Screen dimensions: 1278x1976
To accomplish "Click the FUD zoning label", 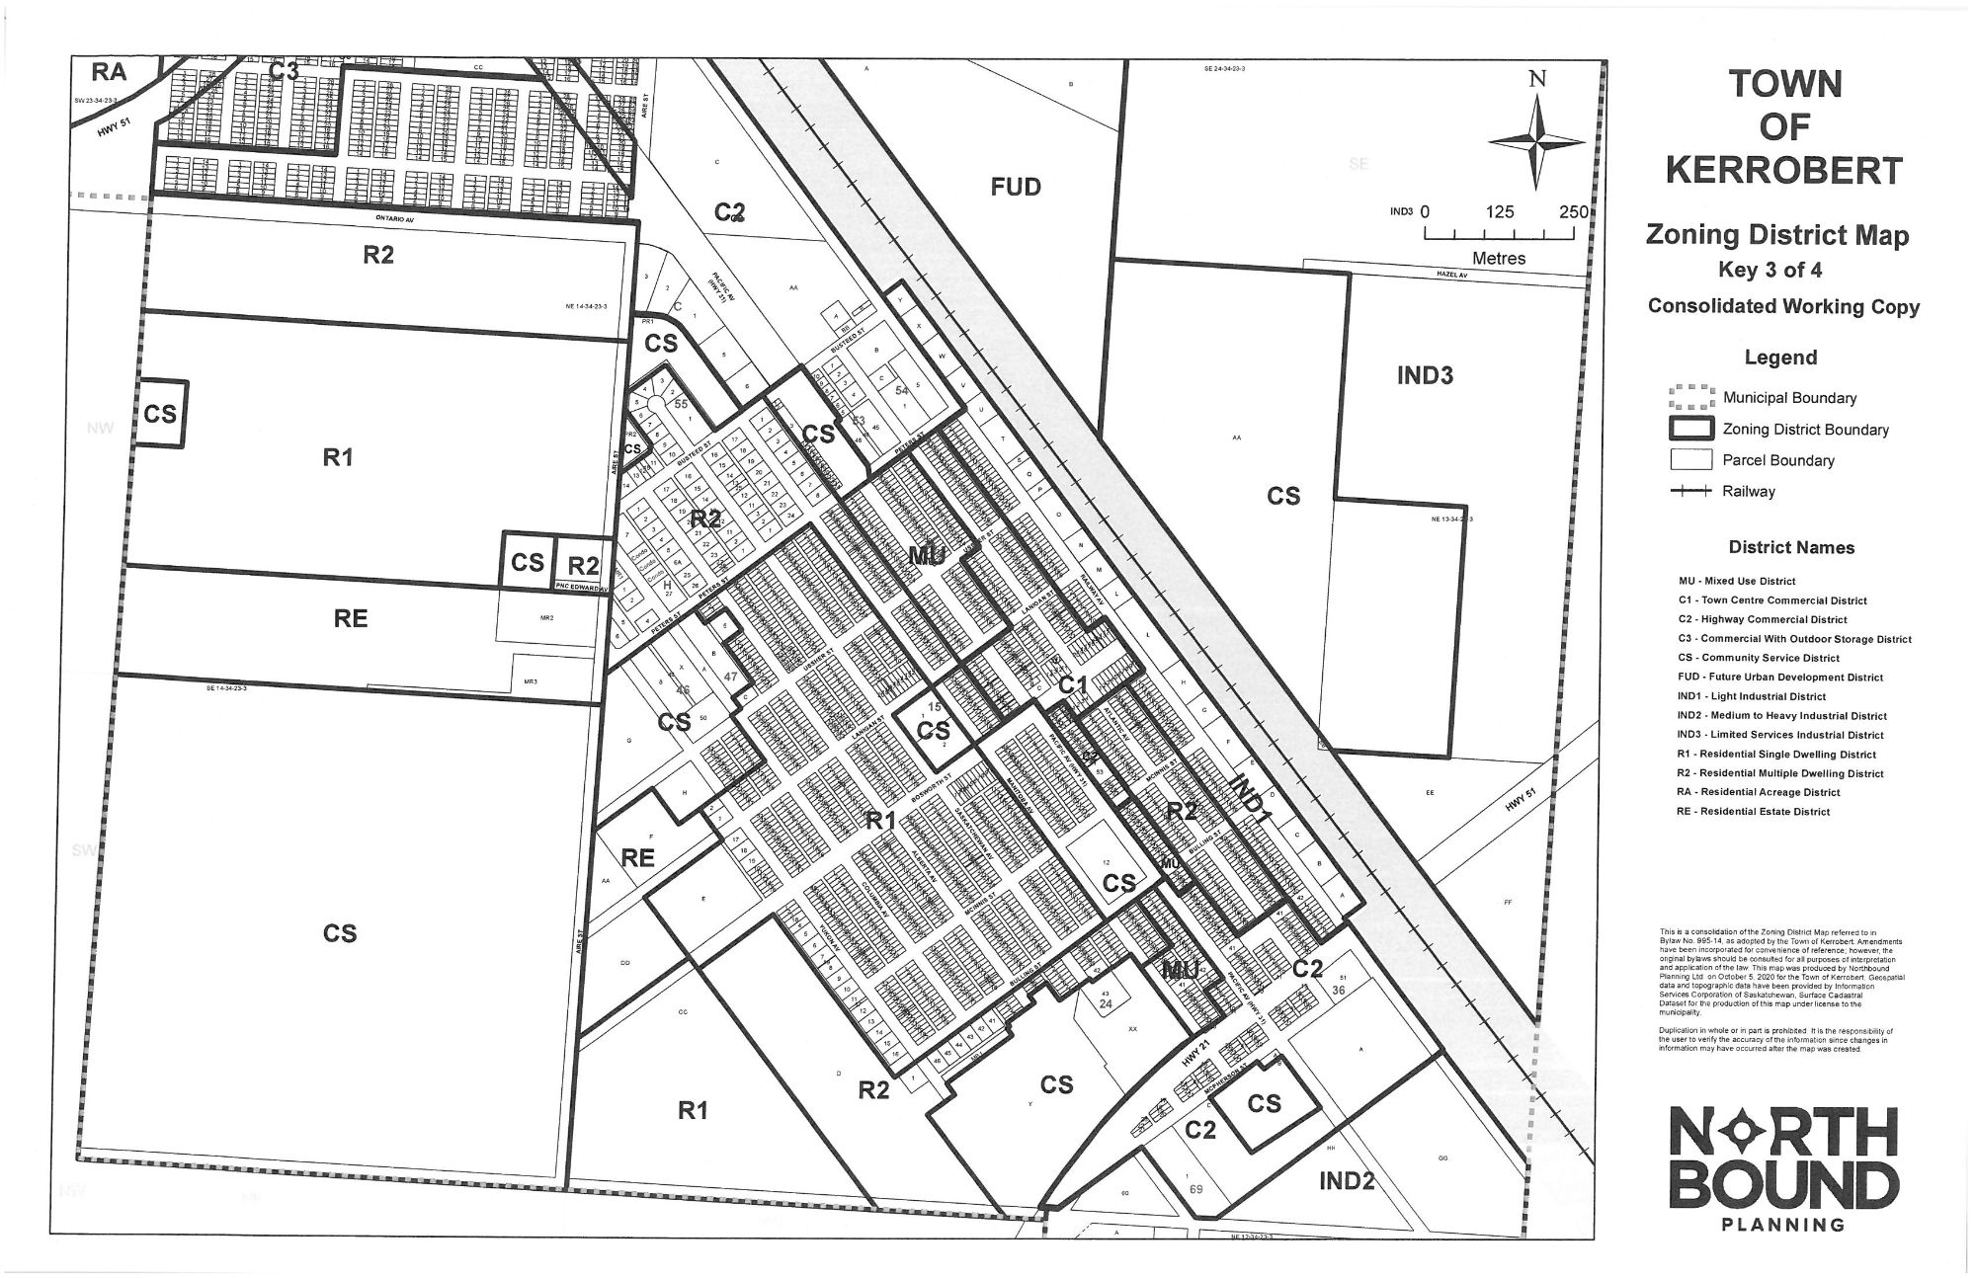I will tap(1016, 187).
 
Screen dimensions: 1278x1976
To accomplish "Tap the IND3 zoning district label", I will tap(1425, 375).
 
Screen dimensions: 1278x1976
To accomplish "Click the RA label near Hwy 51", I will tap(110, 72).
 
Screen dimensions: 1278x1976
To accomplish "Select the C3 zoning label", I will tap(285, 71).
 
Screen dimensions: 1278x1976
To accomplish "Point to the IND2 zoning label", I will tap(1346, 1180).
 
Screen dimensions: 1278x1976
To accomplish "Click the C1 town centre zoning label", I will tap(1073, 683).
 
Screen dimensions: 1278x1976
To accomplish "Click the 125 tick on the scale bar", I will tap(1499, 212).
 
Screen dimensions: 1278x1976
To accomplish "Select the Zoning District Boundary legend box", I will tap(1690, 430).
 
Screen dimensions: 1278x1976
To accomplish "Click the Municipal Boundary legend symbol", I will tap(1690, 398).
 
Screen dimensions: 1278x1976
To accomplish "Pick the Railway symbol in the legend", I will tap(1690, 491).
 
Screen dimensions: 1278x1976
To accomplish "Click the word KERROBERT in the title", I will tap(1783, 171).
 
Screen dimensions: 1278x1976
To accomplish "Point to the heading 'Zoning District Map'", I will tap(1776, 235).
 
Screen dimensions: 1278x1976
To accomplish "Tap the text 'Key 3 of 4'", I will tap(1769, 271).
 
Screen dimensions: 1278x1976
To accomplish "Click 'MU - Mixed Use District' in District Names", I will tap(1736, 582).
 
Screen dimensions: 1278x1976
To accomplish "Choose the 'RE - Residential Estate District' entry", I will tap(1753, 812).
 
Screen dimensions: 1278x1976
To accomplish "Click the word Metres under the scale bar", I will tap(1499, 259).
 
